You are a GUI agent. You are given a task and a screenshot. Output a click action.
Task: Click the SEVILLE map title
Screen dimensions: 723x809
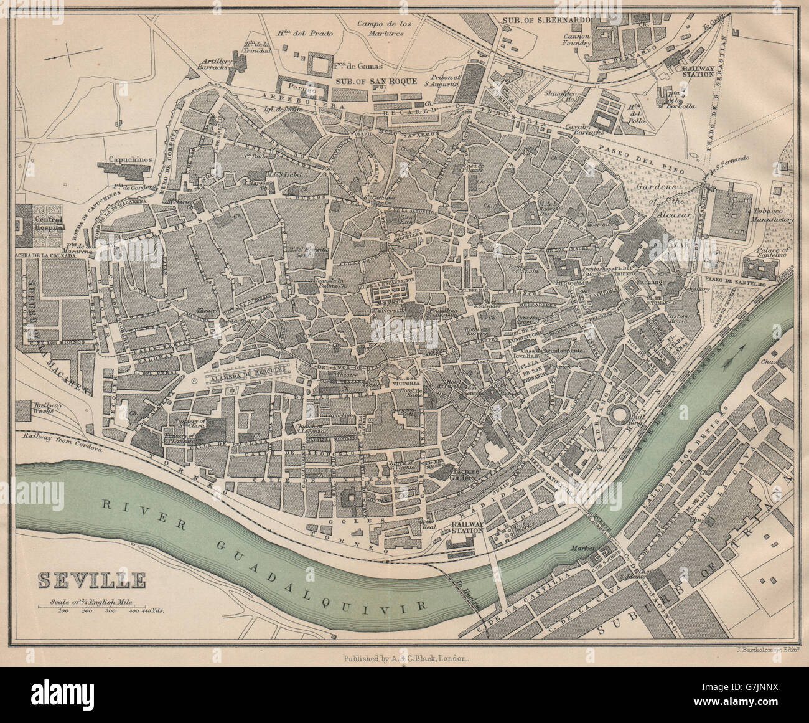click(x=92, y=580)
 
